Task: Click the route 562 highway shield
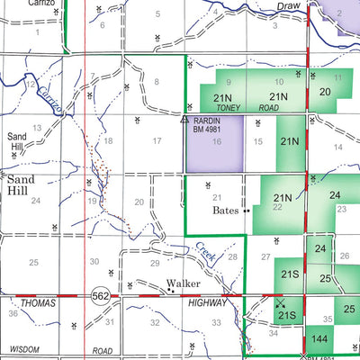click(100, 294)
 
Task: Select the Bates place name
click(225, 211)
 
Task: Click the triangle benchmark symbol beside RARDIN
click(184, 118)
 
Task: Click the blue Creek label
click(206, 255)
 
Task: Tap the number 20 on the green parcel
click(325, 92)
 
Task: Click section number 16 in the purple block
click(216, 141)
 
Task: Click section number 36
click(13, 313)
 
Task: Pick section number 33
click(216, 321)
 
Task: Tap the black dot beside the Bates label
click(245, 211)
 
